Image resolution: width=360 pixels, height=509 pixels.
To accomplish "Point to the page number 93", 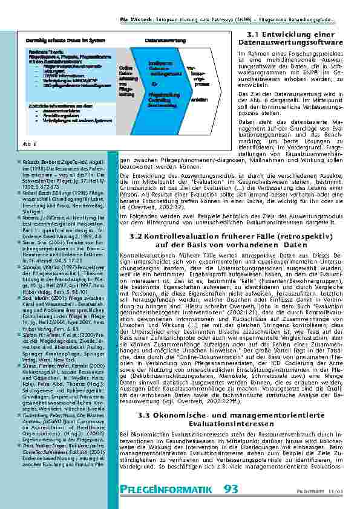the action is [231, 489].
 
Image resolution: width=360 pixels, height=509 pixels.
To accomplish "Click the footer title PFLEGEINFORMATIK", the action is [165, 490].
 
